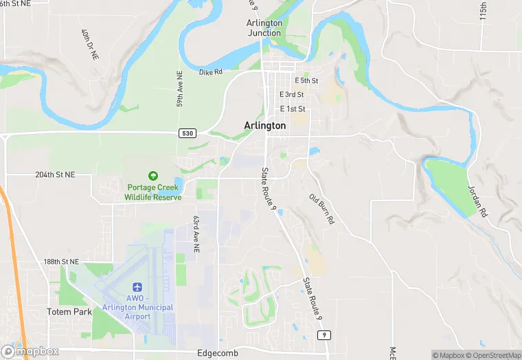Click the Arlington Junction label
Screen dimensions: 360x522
(x=264, y=27)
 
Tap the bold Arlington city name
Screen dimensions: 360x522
(x=264, y=126)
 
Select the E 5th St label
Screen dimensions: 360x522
(x=305, y=80)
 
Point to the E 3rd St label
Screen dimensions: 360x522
(x=292, y=95)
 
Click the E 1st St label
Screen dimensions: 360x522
(x=292, y=109)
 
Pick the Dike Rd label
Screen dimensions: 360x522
(x=211, y=71)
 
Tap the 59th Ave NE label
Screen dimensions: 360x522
(x=180, y=89)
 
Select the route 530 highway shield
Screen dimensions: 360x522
(x=187, y=133)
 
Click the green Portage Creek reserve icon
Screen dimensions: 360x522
(x=152, y=177)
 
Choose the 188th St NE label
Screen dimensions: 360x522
(x=61, y=262)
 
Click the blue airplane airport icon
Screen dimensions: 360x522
(x=137, y=286)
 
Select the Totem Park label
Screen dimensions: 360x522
(x=69, y=311)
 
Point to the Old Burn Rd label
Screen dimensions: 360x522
(x=321, y=210)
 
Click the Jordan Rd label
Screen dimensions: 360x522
(x=476, y=199)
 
